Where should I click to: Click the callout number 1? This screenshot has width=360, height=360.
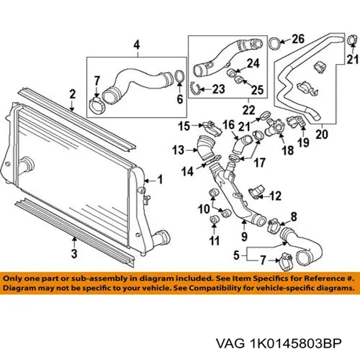[160, 178]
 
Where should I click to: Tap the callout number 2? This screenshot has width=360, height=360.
[72, 94]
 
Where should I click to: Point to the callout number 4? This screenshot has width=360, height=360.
[136, 45]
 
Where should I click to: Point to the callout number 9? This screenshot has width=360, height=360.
[244, 227]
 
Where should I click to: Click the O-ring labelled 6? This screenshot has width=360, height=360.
[178, 76]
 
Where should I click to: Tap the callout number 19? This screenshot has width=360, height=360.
[304, 142]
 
